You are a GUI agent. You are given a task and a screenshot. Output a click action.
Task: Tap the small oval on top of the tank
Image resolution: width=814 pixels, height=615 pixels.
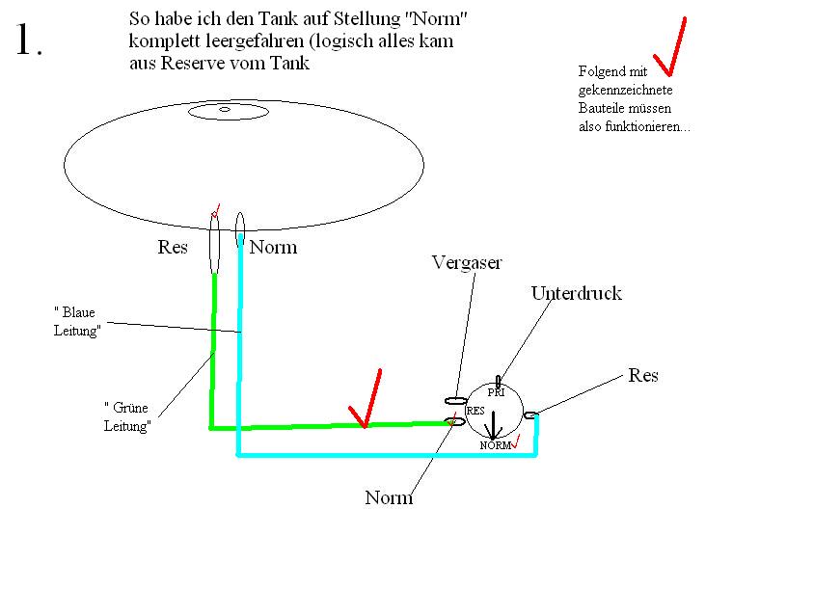coord(228,112)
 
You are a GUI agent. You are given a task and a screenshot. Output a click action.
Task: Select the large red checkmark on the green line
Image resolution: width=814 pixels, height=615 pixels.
coord(366,397)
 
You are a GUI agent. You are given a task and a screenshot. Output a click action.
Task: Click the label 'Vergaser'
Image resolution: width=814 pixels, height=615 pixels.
coord(467,263)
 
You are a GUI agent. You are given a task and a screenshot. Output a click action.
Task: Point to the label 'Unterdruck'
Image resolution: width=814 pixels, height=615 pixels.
coord(576,294)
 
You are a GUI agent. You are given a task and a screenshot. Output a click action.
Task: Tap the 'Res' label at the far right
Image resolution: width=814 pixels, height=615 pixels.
coord(643,375)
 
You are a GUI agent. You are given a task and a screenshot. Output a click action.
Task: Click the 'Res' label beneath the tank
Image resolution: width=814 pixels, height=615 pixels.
coord(173,247)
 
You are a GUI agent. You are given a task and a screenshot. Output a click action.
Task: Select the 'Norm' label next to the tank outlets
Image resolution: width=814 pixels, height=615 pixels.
coord(273,248)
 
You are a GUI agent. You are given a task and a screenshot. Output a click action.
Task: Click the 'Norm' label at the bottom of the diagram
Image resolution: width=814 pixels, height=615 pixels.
coord(389,498)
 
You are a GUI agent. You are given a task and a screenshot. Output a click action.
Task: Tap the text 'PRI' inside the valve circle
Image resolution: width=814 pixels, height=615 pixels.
coord(497,393)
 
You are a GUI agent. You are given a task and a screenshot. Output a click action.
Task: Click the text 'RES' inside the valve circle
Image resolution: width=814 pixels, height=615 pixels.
coord(475,411)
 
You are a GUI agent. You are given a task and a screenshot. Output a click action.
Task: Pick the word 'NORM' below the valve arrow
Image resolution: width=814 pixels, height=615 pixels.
coord(497,445)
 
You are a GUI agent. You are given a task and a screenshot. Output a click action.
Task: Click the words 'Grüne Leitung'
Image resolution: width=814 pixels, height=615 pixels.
coord(127,415)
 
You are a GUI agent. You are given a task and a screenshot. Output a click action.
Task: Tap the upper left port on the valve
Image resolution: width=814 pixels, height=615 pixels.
coord(455,400)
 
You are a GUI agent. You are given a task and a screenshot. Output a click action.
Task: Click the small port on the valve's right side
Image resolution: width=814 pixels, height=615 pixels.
coord(529,415)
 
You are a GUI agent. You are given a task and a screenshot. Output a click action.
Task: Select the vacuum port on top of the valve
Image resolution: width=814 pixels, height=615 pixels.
coord(499,382)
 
